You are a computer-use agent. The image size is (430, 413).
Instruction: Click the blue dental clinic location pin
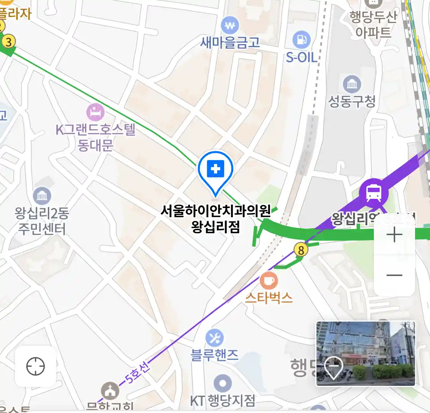(216, 169)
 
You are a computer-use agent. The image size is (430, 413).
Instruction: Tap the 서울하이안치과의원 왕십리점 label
(216, 218)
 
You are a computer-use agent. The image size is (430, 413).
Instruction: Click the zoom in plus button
(394, 234)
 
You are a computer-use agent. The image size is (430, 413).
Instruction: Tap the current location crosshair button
(36, 366)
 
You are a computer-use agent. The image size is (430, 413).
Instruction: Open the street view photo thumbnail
(365, 353)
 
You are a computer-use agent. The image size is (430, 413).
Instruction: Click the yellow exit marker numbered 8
(301, 250)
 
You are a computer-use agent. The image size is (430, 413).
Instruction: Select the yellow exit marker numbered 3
(9, 41)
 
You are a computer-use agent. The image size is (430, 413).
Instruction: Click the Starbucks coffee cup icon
(269, 281)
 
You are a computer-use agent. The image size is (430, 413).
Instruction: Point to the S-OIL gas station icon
(302, 40)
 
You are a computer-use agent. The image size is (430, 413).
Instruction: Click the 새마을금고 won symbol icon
(230, 26)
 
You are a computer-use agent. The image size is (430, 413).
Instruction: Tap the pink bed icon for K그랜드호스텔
(95, 112)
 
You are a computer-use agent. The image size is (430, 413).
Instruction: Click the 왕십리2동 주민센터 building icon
(42, 196)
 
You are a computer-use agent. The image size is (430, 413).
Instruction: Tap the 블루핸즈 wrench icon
(214, 338)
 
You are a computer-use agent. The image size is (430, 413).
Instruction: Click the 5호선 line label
(138, 372)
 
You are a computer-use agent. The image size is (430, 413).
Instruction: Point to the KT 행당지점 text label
(223, 400)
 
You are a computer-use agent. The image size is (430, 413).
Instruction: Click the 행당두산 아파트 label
(373, 24)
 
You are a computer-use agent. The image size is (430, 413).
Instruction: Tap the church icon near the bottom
(110, 390)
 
